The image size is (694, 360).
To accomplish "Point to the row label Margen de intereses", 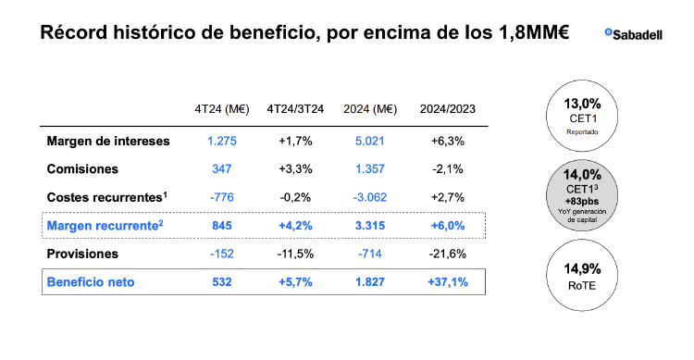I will pyautogui.click(x=108, y=142).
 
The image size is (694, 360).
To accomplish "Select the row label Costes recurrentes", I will pyautogui.click(x=105, y=198).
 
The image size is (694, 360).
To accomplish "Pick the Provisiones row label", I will pyautogui.click(x=85, y=254).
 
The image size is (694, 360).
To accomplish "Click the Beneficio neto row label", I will pyautogui.click(x=95, y=281).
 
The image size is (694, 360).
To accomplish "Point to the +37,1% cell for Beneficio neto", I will pyautogui.click(x=447, y=281).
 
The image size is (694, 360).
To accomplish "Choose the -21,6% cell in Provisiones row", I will pyautogui.click(x=447, y=254).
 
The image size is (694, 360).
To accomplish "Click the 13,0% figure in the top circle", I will pyautogui.click(x=590, y=103).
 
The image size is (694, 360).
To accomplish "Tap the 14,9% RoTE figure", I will pyautogui.click(x=590, y=269).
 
